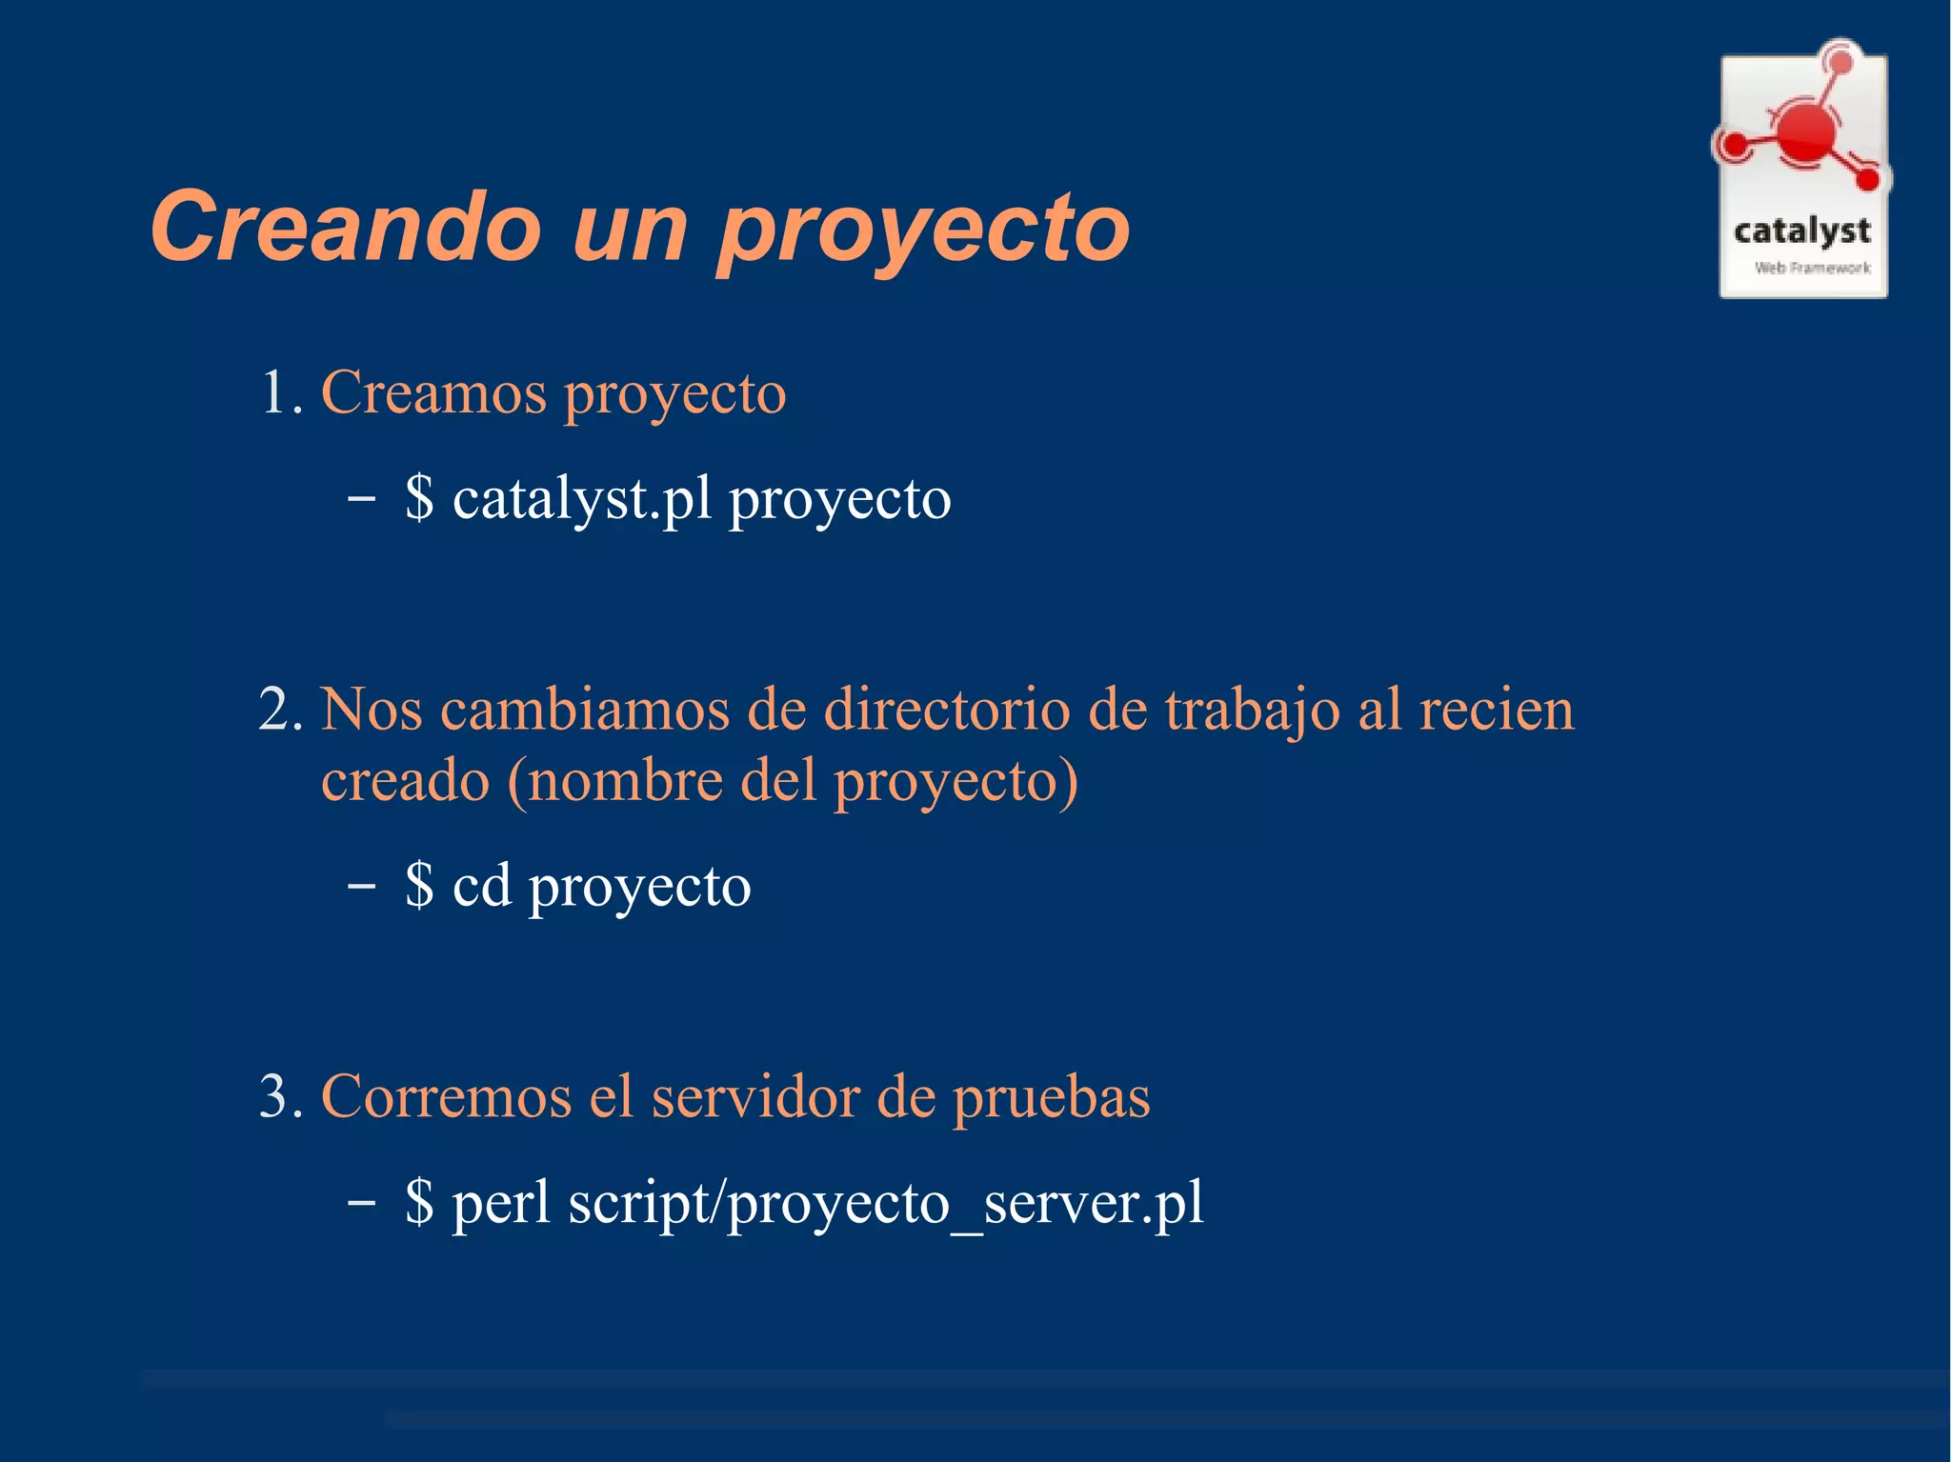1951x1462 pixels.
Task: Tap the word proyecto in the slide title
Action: pos(924,230)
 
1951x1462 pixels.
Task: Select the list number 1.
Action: pos(280,392)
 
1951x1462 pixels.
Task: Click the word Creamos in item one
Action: pos(433,392)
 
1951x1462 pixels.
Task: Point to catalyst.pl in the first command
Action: pos(582,499)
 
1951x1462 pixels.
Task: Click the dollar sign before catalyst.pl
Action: pos(419,498)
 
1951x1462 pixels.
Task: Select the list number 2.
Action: pos(280,710)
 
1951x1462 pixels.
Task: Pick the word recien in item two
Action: pos(1497,710)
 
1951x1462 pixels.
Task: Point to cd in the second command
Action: pos(482,886)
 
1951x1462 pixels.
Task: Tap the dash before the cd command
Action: pos(361,886)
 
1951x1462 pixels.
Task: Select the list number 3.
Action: pos(280,1096)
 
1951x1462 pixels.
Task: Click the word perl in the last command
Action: pos(501,1203)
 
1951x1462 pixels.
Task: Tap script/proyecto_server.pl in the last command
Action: pos(886,1204)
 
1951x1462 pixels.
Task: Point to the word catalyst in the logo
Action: pos(1801,231)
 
